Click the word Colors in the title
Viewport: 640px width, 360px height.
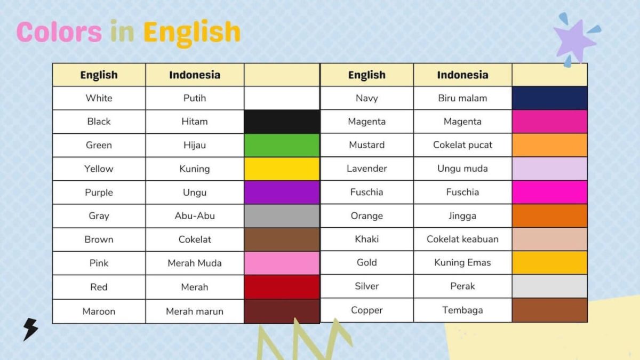click(x=59, y=32)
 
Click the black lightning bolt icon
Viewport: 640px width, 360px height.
click(x=30, y=330)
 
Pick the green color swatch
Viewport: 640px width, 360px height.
click(x=282, y=145)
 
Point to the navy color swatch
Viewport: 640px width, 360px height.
click(x=549, y=98)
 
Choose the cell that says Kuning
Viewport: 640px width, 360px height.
click(x=195, y=169)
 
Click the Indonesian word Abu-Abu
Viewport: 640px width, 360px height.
click(x=195, y=216)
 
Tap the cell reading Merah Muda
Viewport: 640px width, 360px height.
click(x=195, y=263)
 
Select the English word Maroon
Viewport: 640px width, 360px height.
click(x=99, y=311)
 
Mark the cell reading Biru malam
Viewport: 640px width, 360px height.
click(x=462, y=98)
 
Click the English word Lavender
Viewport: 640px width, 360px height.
click(x=366, y=169)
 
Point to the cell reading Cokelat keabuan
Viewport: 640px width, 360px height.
click(x=462, y=239)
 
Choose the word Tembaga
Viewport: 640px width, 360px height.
click(x=462, y=310)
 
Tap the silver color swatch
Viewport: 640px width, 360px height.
click(x=549, y=286)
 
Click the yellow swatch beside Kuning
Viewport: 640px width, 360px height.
click(x=282, y=169)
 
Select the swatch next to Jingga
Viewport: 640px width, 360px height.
click(x=549, y=215)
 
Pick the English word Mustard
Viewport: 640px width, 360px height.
click(x=366, y=145)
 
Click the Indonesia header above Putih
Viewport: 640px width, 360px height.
click(x=195, y=75)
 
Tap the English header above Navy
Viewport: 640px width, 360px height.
click(x=366, y=75)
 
